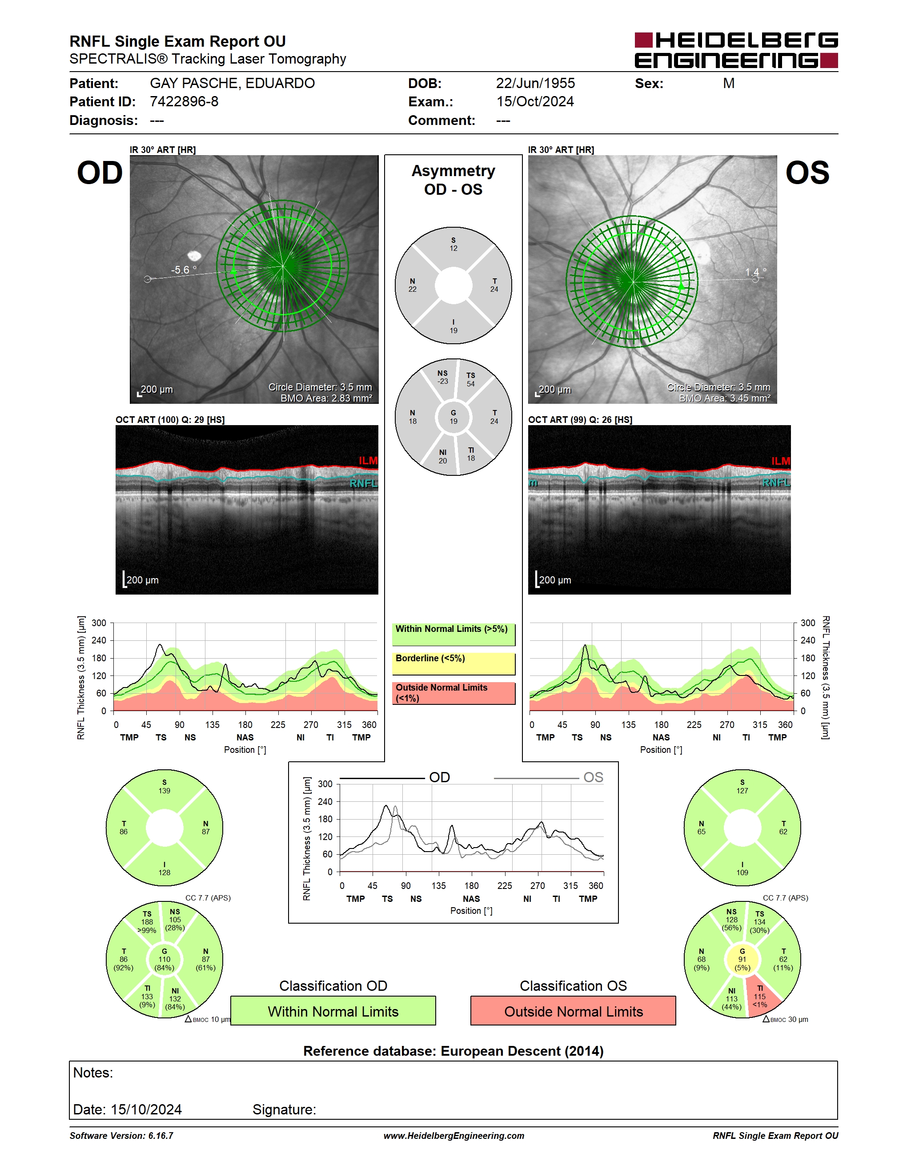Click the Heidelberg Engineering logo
[x=736, y=50]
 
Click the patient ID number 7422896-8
[x=184, y=101]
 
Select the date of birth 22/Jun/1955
[x=535, y=83]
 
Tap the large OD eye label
[x=100, y=173]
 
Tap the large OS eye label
[x=807, y=173]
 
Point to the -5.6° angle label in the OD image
[x=184, y=270]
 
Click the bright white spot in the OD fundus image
[x=193, y=256]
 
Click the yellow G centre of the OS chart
[x=742, y=960]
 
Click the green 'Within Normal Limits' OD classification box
[x=333, y=1011]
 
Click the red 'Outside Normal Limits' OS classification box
[x=574, y=1011]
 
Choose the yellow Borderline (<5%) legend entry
[x=453, y=664]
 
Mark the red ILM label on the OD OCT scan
[x=368, y=461]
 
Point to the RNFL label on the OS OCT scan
[x=776, y=482]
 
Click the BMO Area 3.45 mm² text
[x=724, y=398]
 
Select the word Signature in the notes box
[x=284, y=1110]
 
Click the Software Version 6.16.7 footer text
[x=121, y=1136]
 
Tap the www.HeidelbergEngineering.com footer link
[x=453, y=1136]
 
